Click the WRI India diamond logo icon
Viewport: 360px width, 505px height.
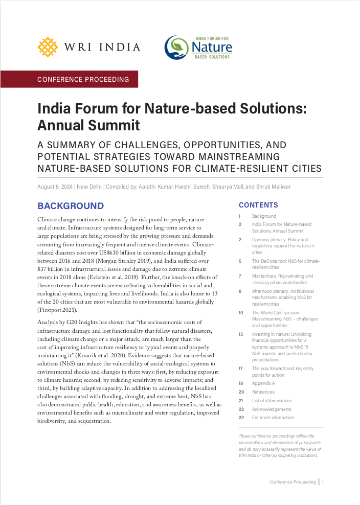(x=47, y=47)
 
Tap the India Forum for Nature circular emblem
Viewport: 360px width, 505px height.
(x=176, y=48)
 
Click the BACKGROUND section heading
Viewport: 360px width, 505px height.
(x=70, y=206)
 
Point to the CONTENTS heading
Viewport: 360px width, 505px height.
(x=258, y=205)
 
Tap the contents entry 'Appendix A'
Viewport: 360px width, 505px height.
(x=263, y=383)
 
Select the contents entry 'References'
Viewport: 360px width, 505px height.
(x=263, y=392)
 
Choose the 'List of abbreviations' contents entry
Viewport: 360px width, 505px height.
(x=272, y=401)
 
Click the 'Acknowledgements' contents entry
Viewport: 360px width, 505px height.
(x=272, y=409)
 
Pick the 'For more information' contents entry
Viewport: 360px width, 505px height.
(x=273, y=418)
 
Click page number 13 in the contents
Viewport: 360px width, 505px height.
(x=240, y=334)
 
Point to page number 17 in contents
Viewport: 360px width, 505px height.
(x=240, y=368)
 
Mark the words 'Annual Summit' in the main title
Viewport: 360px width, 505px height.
(x=88, y=124)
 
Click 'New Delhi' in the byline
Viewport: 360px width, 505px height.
(x=91, y=187)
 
